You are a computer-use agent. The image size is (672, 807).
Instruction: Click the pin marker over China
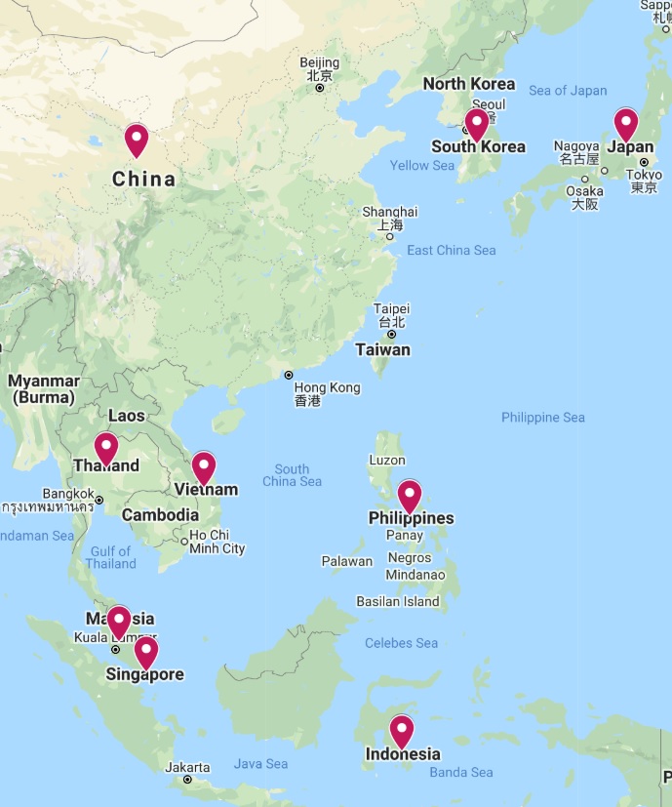136,141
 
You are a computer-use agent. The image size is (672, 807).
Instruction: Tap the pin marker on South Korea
476,124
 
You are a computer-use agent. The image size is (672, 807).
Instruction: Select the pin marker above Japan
625,124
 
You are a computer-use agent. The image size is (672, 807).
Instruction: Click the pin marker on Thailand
105,448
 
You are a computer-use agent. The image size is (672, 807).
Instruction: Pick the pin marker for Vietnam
203,467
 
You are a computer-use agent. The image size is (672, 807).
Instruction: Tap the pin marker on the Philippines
410,496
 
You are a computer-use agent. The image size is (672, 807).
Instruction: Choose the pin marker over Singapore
145,651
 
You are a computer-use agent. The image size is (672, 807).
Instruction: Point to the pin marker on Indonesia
401,731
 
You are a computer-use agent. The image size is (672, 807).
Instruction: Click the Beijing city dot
319,88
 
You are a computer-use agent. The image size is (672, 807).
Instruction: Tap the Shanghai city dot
389,236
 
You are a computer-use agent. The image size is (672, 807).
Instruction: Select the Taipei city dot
391,334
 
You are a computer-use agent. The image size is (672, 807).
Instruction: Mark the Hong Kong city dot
288,375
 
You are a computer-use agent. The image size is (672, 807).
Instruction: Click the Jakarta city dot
187,779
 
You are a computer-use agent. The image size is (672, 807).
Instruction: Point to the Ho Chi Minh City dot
184,541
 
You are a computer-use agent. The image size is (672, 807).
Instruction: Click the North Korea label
468,84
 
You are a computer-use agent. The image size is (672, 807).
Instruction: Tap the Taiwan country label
382,349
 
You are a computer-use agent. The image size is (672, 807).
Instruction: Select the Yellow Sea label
421,166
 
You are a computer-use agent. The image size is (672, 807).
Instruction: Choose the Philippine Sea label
543,418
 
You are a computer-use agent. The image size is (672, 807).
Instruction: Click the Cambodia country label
160,515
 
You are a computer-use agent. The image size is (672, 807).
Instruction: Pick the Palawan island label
347,561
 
